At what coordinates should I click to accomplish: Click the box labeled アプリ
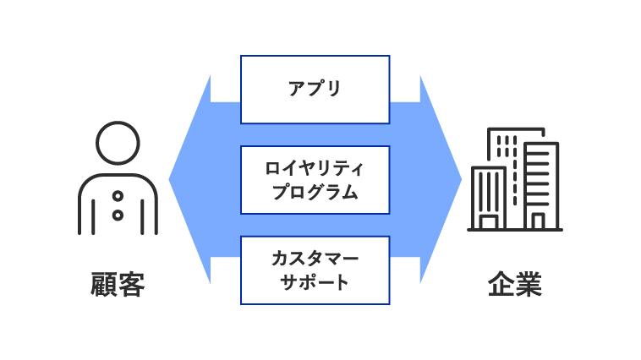coord(315,89)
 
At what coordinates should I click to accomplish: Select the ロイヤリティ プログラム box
coord(315,179)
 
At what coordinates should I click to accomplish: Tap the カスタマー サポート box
coord(315,270)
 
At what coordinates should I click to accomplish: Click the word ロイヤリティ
coord(315,168)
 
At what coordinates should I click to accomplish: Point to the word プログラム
coord(315,192)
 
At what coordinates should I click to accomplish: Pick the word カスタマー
coord(315,259)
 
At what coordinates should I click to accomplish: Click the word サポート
coord(315,282)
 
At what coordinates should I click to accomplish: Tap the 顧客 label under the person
coord(118,285)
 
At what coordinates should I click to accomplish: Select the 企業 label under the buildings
coord(514,285)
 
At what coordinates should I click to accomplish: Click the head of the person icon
coord(118,143)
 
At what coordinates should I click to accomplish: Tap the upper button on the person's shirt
coord(118,196)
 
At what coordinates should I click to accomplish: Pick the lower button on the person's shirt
coord(118,215)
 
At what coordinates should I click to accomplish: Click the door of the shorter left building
coord(489,221)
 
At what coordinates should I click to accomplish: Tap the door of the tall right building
coord(538,221)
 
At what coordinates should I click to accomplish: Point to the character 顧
coord(104,285)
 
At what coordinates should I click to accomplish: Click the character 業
coord(528,285)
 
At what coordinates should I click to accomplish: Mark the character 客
coord(131,285)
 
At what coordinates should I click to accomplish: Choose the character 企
coord(501,285)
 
